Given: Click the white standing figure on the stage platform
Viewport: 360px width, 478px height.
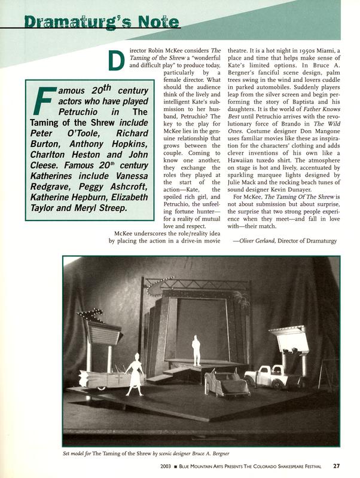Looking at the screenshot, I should (x=196, y=349).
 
